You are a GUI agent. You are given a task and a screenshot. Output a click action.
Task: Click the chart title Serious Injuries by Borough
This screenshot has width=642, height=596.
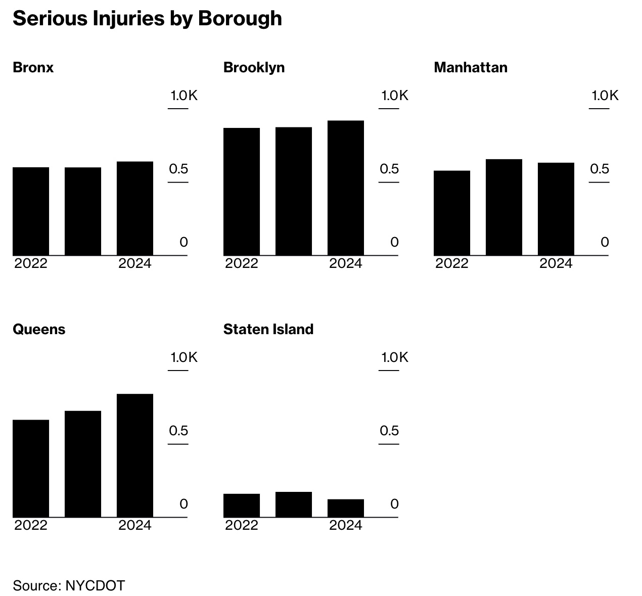[147, 19]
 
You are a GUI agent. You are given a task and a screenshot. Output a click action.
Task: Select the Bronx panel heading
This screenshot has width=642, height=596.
[33, 68]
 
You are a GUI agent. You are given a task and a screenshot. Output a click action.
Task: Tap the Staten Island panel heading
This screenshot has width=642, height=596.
[268, 330]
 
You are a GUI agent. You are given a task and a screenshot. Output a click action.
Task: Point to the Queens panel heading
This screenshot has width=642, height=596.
[39, 330]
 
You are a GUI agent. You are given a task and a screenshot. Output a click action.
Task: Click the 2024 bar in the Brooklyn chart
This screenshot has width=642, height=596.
[346, 188]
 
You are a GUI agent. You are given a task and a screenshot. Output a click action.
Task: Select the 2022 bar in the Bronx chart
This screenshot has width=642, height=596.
[31, 211]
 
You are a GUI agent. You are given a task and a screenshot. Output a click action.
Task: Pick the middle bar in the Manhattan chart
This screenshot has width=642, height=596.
[504, 207]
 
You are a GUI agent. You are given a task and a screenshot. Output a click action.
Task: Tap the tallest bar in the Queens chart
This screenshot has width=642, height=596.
[135, 455]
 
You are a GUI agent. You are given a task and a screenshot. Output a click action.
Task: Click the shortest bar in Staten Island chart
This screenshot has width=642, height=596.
[346, 508]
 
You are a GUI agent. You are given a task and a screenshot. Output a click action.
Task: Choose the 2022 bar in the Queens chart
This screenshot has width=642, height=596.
[31, 468]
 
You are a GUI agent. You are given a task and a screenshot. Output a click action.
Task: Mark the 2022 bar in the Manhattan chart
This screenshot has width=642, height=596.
[452, 213]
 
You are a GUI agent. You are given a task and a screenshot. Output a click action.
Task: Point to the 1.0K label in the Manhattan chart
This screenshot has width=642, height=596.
[605, 96]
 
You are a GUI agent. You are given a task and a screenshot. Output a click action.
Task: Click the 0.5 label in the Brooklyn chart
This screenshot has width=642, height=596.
[389, 169]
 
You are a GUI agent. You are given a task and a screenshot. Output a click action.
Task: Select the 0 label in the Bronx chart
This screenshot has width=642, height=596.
[184, 242]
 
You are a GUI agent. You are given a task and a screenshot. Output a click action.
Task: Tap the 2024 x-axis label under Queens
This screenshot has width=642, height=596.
[135, 526]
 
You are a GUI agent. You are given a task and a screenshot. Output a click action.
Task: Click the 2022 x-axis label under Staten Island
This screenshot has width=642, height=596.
[242, 526]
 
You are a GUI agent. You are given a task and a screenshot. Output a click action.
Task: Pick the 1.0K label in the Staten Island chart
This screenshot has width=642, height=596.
[394, 358]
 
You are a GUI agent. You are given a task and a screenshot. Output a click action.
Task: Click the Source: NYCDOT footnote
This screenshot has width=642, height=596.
[69, 585]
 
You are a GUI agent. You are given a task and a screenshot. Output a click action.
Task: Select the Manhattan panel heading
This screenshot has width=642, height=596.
[471, 68]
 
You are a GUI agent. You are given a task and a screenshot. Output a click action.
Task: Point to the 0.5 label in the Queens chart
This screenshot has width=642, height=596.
[178, 431]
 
